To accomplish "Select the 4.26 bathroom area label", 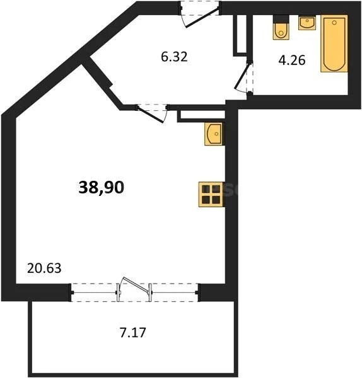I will point(292,61).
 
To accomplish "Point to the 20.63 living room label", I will point(44,268).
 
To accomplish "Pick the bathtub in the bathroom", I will point(334,44).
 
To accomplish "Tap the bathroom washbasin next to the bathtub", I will point(307,23).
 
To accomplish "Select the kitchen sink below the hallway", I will point(214,134).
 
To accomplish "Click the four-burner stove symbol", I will point(210,195).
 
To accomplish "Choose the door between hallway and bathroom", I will point(243,79).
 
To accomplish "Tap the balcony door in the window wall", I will point(135,288).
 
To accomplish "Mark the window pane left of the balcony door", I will point(95,292).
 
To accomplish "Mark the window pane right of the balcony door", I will point(175,292).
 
